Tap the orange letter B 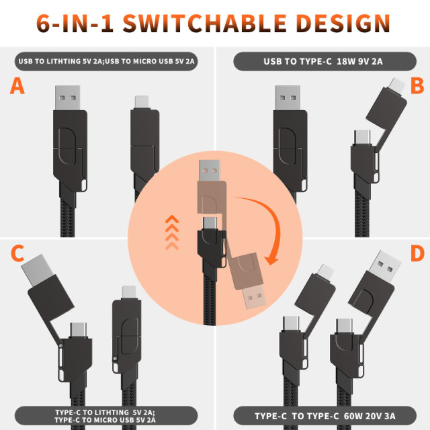click(417, 85)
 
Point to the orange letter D click(417, 254)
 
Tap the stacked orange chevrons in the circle click(173, 231)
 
